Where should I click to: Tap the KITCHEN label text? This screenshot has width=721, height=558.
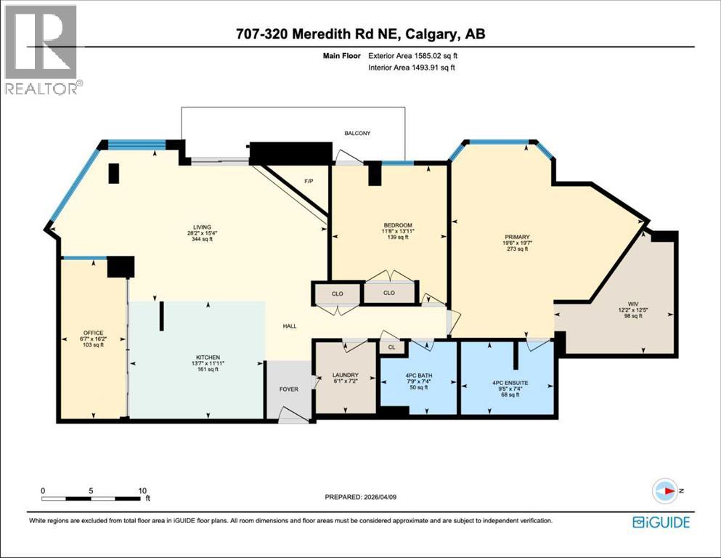tap(205, 356)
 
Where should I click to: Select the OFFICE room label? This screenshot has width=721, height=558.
tap(93, 332)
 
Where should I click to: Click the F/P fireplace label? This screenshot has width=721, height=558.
tap(308, 182)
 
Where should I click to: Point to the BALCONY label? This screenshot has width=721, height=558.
tap(357, 134)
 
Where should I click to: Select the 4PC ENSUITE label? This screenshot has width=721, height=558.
tap(510, 382)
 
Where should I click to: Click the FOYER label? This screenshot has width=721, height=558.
tap(289, 389)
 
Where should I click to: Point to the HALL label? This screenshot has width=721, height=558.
tap(290, 326)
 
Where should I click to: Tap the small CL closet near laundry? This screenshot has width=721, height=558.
tap(391, 347)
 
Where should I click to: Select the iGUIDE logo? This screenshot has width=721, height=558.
tap(661, 522)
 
